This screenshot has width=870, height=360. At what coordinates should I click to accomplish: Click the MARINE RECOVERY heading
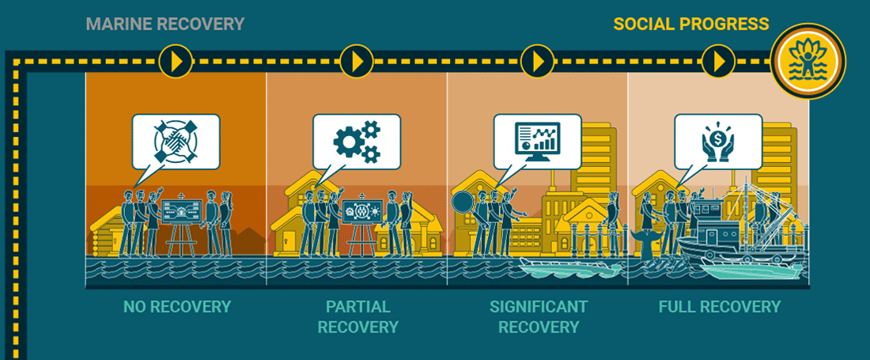(165, 24)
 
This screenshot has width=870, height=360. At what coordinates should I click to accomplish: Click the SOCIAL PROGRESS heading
(690, 24)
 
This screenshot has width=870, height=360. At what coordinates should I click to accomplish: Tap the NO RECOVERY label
(176, 307)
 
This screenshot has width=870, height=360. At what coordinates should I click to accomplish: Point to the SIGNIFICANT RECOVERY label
(539, 316)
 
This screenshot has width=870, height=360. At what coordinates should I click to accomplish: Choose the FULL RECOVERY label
(719, 307)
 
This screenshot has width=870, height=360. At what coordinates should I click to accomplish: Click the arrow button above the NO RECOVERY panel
(176, 61)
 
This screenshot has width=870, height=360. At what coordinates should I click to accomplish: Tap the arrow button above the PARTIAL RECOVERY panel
(357, 61)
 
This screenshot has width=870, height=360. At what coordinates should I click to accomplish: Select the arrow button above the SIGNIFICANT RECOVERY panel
(538, 61)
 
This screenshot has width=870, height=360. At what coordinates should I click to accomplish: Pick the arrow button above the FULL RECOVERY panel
(719, 61)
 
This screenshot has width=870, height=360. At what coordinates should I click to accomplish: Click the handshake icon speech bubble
(176, 141)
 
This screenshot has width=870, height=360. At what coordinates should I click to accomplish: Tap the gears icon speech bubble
(357, 141)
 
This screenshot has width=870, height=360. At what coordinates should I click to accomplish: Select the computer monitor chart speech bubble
(537, 141)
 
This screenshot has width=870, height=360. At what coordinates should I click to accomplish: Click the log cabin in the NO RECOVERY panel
(108, 232)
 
